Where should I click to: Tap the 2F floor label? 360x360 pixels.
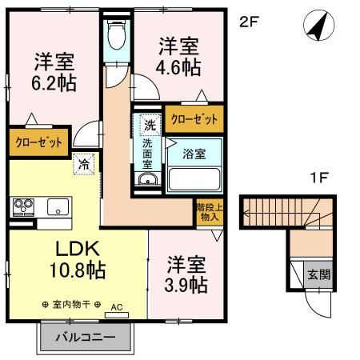[x=250, y=22]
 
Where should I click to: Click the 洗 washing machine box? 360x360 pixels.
[x=150, y=125]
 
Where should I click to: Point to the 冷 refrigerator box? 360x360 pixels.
[x=84, y=165]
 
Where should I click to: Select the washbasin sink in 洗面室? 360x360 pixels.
[x=147, y=179]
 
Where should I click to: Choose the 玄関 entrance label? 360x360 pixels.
[x=318, y=274]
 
